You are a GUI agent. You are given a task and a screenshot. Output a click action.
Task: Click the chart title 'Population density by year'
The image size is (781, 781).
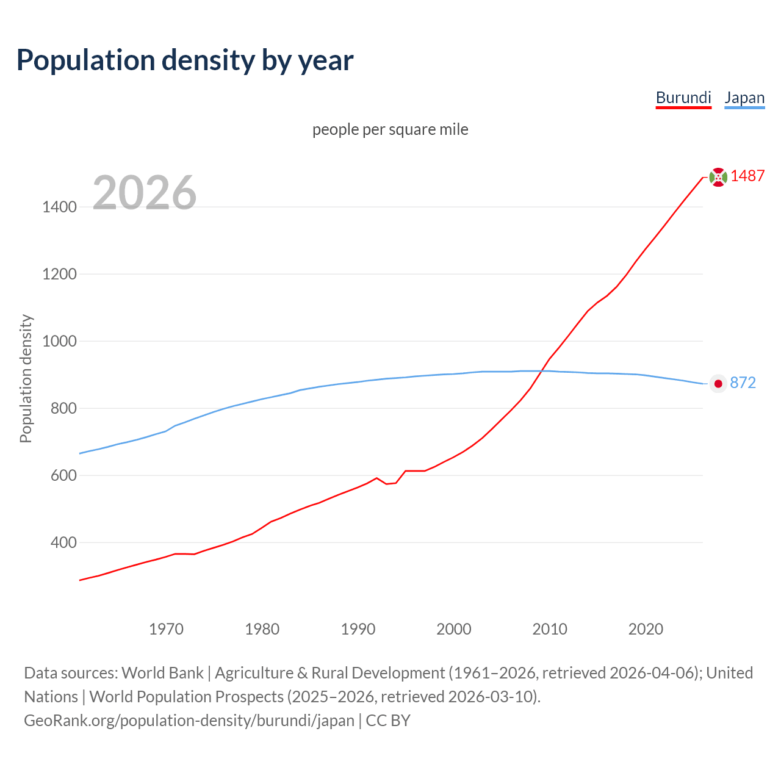coord(185,60)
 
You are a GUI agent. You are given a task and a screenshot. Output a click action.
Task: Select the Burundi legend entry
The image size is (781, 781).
coord(683,98)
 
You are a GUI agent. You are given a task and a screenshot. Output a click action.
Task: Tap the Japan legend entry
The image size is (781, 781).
coord(744,98)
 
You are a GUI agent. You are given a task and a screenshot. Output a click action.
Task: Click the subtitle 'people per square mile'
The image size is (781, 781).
coord(390,129)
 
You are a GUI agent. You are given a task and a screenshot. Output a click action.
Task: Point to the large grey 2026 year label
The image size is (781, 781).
coord(145,193)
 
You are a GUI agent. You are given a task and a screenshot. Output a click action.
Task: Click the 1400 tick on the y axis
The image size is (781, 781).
coord(59,207)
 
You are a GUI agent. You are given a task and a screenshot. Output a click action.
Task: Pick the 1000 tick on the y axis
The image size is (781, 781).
coord(59,341)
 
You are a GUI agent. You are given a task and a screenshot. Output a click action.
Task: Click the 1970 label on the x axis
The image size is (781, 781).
coord(166,629)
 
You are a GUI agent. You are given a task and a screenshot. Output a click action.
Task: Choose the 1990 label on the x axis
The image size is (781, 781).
coord(358,629)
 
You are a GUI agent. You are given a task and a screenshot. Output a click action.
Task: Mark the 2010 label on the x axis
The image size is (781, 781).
coord(550,629)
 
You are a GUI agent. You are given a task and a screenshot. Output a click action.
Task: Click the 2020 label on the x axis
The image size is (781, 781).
coord(646,629)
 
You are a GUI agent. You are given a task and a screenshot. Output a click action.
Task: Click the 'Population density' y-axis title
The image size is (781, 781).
coord(26,378)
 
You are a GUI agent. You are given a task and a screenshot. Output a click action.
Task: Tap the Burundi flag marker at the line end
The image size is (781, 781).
coord(718,177)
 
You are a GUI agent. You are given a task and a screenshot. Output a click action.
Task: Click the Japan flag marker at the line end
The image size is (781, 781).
coord(718,383)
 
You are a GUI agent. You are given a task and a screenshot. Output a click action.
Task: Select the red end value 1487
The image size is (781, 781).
coord(747,176)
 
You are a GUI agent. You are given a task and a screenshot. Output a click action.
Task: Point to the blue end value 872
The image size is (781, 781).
coord(743,383)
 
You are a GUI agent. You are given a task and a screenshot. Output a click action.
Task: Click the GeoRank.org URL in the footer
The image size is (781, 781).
coord(189,721)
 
